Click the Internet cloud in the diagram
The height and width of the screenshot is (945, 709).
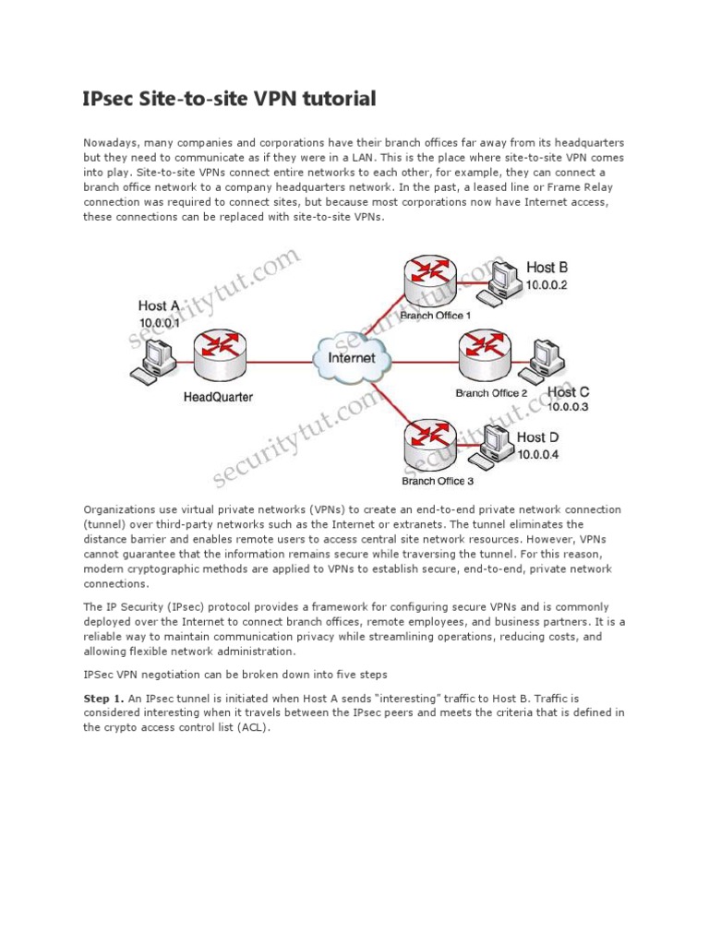(x=351, y=357)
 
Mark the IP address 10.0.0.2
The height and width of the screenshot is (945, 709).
(x=547, y=285)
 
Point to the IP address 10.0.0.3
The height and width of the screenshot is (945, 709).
(x=568, y=406)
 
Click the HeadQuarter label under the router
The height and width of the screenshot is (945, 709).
(x=218, y=398)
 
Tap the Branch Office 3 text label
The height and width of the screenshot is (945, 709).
(x=437, y=481)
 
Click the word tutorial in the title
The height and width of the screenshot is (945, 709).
(x=336, y=99)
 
